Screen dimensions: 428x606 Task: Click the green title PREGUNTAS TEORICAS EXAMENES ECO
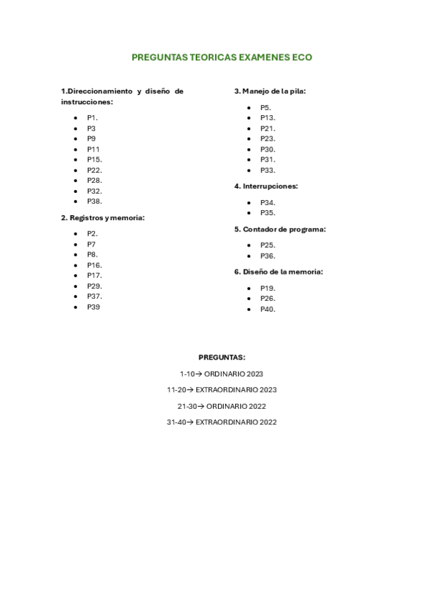click(222, 57)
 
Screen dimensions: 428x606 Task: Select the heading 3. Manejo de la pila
click(270, 91)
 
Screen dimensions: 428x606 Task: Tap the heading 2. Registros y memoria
click(103, 218)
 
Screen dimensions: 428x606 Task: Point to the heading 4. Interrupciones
click(266, 187)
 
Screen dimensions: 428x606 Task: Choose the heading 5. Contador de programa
click(280, 229)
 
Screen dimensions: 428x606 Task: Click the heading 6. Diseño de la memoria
click(279, 272)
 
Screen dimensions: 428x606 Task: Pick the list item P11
click(94, 149)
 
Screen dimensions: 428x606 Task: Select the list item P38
click(94, 202)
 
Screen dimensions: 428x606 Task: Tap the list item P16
click(94, 265)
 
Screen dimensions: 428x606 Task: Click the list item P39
click(94, 307)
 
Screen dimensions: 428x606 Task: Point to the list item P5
click(266, 107)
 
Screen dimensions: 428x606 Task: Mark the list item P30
click(268, 149)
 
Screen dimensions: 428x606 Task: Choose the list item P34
click(268, 202)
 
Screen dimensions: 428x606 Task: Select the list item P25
click(268, 245)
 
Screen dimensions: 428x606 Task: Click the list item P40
click(268, 309)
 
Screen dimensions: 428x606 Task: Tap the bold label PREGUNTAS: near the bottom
click(222, 357)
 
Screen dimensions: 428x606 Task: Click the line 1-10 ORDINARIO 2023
click(222, 374)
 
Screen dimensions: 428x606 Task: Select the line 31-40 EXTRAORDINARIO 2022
click(222, 422)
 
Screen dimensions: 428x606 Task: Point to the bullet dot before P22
click(75, 171)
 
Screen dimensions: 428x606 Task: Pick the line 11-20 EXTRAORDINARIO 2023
click(222, 390)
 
